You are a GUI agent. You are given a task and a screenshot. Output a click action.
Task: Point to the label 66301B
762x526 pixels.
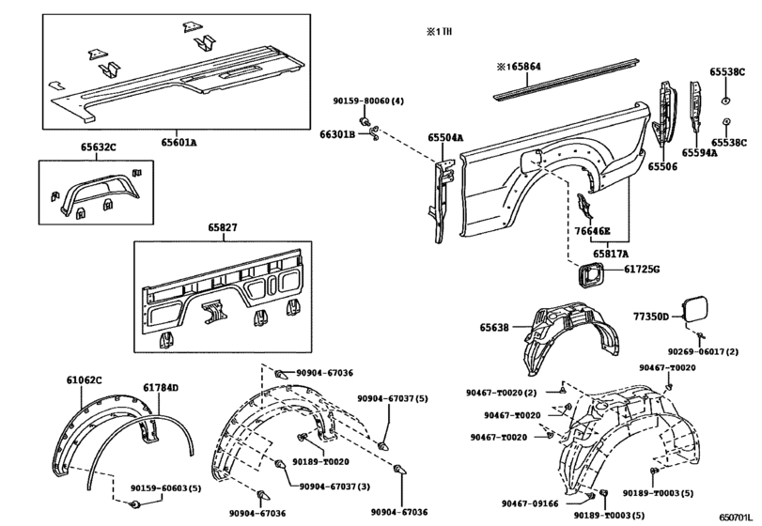tap(337, 136)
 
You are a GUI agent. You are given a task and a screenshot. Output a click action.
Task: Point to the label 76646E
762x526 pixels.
tap(593, 231)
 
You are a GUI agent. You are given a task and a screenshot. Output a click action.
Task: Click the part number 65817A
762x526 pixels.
tap(615, 253)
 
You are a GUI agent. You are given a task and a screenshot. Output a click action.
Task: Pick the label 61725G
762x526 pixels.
tap(643, 271)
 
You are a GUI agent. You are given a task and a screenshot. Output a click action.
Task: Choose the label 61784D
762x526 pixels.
tap(161, 387)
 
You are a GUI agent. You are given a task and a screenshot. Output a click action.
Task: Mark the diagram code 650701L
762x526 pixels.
tap(737, 517)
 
